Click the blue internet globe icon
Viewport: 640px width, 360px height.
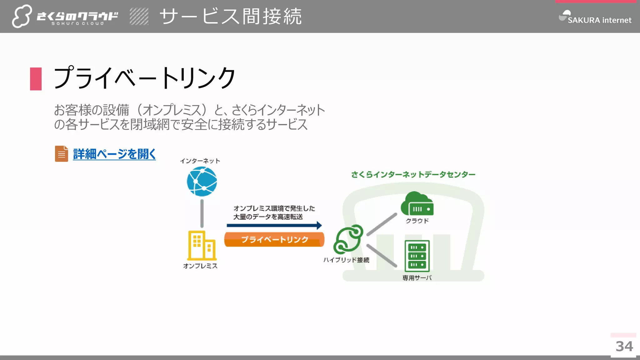click(202, 182)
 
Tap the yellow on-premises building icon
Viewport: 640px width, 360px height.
click(202, 246)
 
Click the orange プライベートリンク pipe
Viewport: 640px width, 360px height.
click(274, 240)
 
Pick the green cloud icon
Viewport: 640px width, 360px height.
click(417, 204)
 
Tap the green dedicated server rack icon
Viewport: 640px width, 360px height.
click(417, 256)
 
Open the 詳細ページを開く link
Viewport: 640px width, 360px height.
click(114, 154)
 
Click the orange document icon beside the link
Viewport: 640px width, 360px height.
click(62, 154)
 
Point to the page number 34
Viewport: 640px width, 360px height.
click(624, 346)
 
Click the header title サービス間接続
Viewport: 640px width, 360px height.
click(231, 17)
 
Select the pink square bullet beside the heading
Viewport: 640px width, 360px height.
click(36, 79)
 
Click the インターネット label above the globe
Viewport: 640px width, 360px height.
click(200, 161)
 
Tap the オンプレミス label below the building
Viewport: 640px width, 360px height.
click(200, 266)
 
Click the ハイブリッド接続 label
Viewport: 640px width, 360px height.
click(346, 260)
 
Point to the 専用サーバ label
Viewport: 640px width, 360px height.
click(417, 278)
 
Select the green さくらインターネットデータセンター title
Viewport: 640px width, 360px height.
click(413, 174)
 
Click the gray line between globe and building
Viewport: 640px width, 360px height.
click(202, 214)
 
